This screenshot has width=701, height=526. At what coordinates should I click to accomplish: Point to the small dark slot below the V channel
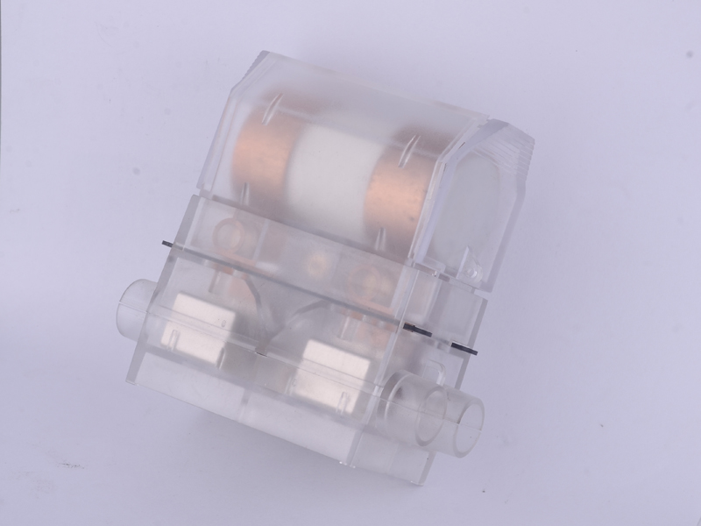tap(263, 352)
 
